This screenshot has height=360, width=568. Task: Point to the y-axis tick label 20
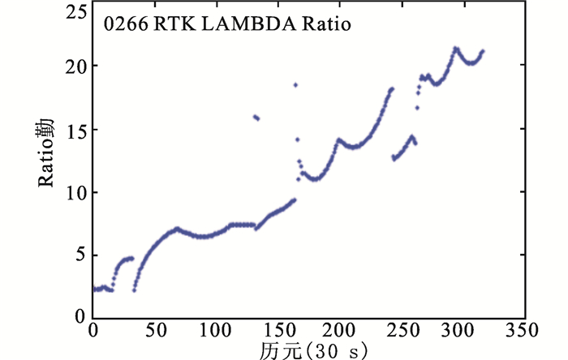point(75,66)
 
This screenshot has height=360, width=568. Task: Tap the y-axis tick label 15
point(75,129)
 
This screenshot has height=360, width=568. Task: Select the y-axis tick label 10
point(75,192)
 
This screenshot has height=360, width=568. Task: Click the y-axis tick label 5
point(80,255)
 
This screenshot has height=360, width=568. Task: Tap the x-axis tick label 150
point(277,331)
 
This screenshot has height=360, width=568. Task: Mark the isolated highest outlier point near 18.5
point(295,84)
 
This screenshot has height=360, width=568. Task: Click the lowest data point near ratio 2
point(134,289)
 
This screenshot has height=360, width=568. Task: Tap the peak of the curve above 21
point(455,48)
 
